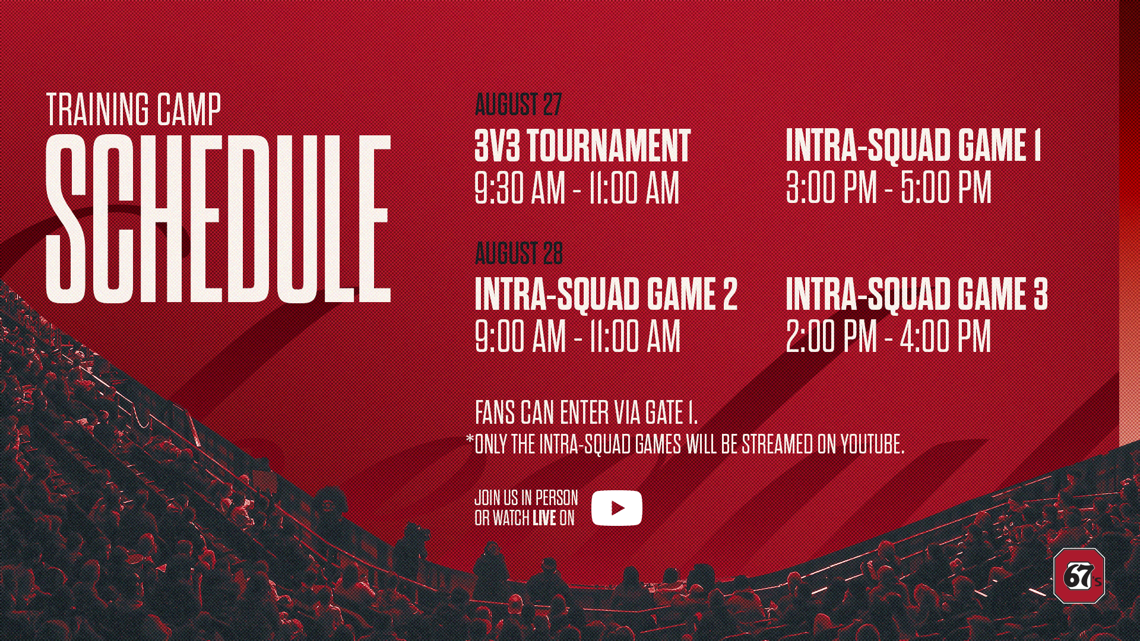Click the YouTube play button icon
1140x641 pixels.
616,508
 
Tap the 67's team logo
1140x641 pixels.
1079,575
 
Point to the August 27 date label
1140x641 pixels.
518,104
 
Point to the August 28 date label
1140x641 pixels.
518,253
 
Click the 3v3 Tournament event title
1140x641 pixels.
582,146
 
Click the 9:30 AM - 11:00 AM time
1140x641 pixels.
577,188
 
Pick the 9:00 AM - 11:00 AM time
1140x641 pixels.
577,337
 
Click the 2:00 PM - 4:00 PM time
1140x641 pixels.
888,336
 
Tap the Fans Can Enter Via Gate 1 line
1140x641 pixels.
586,412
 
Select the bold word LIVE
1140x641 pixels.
544,518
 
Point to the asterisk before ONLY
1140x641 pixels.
470,439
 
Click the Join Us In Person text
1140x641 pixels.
526,497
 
